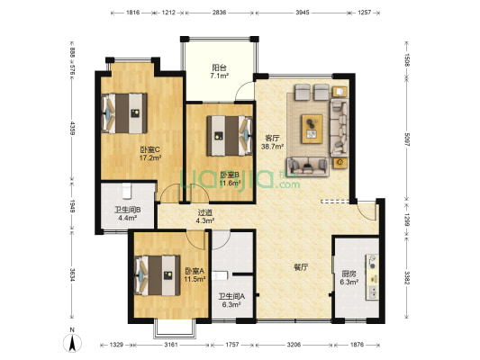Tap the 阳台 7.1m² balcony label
[x=220, y=71]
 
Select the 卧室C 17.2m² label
[x=150, y=154]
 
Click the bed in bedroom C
[x=124, y=113]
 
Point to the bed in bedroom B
[x=230, y=136]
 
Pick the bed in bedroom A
[x=158, y=275]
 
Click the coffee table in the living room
[x=312, y=129]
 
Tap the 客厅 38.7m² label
[x=272, y=142]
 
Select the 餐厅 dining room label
[x=301, y=267]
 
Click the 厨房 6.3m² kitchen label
[x=349, y=278]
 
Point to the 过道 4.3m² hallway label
[x=204, y=216]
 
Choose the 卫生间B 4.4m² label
[x=127, y=214]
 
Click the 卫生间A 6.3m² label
[x=231, y=301]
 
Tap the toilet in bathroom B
[x=126, y=190]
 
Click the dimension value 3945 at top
[x=303, y=13]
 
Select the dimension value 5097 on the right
[x=406, y=139]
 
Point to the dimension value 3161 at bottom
[x=171, y=345]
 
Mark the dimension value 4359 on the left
[x=72, y=129]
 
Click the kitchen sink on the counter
[x=373, y=292]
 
